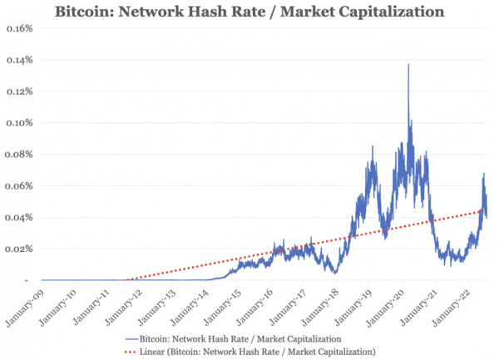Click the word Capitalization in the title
coord(376,12)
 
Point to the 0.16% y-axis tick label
coord(18,28)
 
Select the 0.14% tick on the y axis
coord(18,60)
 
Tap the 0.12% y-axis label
coord(18,91)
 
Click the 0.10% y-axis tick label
coord(18,123)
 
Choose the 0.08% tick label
coord(18,155)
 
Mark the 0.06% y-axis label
coord(18,186)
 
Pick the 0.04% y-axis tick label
coord(18,218)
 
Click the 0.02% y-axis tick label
coord(18,249)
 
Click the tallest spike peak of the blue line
coord(408,65)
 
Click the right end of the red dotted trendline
coord(487,210)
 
